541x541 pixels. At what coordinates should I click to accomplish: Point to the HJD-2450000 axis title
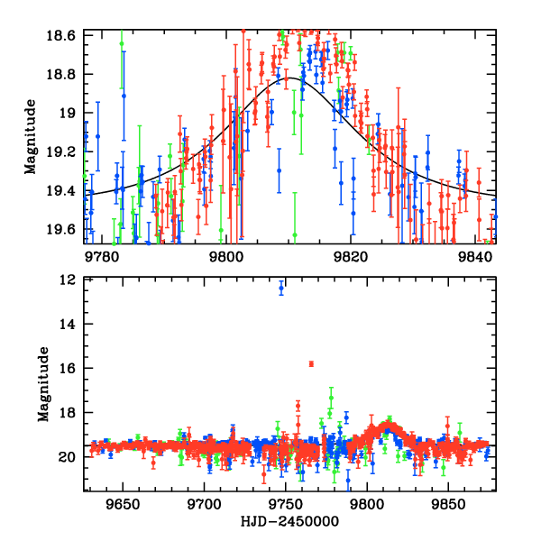tap(289, 522)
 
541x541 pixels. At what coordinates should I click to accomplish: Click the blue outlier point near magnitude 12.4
tap(281, 289)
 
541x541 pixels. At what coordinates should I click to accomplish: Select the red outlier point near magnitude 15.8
tap(311, 363)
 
